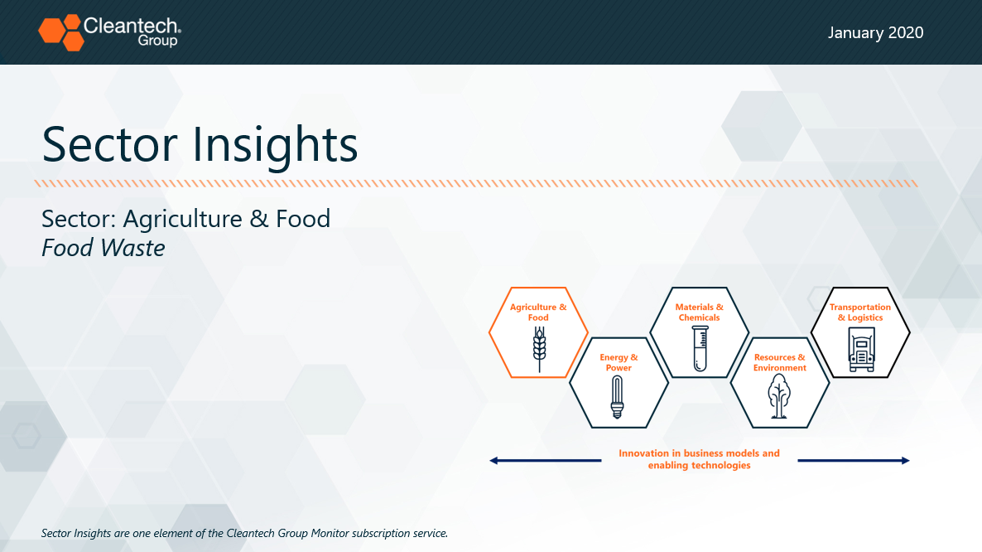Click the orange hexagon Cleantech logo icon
pyautogui.click(x=60, y=32)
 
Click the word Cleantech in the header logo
pyautogui.click(x=131, y=26)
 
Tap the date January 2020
pyautogui.click(x=875, y=32)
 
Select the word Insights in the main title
pyautogui.click(x=275, y=145)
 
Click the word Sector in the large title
pyautogui.click(x=110, y=145)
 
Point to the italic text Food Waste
pyautogui.click(x=103, y=248)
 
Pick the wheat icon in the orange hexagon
pyautogui.click(x=539, y=349)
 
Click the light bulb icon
pyautogui.click(x=618, y=397)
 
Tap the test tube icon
pyautogui.click(x=700, y=348)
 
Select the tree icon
pyautogui.click(x=779, y=396)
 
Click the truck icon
pyautogui.click(x=861, y=350)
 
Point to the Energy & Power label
pyautogui.click(x=619, y=362)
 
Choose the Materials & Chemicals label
pyautogui.click(x=700, y=312)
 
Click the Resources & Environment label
pyautogui.click(x=780, y=362)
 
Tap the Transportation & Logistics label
pyautogui.click(x=860, y=312)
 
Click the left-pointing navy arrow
pyautogui.click(x=546, y=461)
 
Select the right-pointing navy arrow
pyautogui.click(x=854, y=461)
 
